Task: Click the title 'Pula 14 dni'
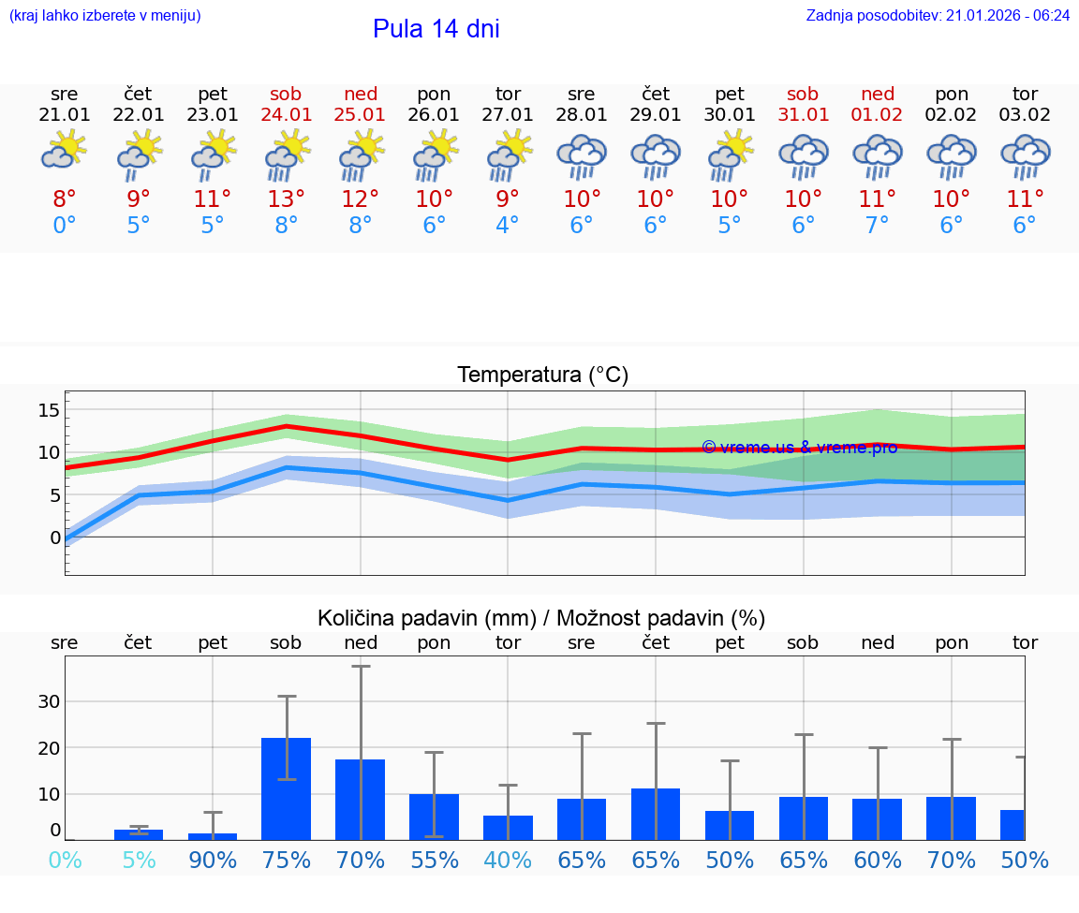coord(436,29)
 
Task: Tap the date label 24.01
coord(287,114)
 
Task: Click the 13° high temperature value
coord(287,199)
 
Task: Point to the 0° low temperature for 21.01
coord(65,226)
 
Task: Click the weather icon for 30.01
coord(730,155)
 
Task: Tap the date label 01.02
coord(878,114)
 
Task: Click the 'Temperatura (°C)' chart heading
coord(542,376)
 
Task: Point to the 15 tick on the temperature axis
coord(49,410)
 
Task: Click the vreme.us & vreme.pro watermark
coord(799,447)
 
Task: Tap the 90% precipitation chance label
coord(213,860)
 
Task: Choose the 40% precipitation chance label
coord(508,860)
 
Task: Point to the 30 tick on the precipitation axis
coord(49,701)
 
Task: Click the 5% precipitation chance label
coord(139,860)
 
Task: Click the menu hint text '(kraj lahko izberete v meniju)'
coord(105,15)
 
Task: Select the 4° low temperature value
coord(508,226)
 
